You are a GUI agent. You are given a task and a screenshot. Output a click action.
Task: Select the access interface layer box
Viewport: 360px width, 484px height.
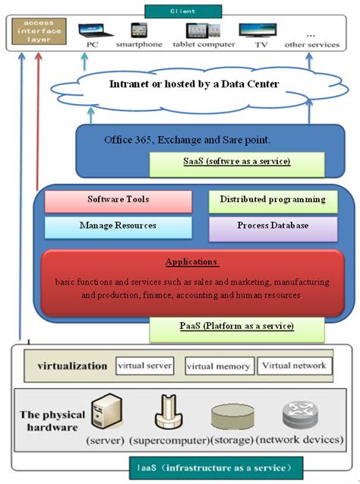pos(38,33)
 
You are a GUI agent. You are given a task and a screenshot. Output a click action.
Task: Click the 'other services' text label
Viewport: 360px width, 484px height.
pos(311,45)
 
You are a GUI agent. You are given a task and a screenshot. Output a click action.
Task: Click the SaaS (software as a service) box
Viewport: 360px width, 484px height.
pos(237,163)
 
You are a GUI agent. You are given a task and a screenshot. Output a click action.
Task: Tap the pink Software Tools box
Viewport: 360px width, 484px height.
pos(118,201)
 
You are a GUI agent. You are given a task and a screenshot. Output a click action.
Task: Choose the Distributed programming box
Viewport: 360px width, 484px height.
pos(273,201)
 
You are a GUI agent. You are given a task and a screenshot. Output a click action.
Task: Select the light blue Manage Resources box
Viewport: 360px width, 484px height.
pos(118,227)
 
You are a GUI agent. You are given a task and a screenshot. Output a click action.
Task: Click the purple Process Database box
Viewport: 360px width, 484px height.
pos(273,227)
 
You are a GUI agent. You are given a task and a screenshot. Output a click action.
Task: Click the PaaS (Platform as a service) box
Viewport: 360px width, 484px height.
pos(237,327)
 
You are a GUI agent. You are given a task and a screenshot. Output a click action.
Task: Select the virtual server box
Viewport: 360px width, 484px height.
pos(144,365)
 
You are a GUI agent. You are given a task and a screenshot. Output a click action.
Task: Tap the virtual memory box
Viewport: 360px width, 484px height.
pos(217,366)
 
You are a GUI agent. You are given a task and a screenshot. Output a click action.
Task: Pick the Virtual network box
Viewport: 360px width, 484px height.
pos(294,365)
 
